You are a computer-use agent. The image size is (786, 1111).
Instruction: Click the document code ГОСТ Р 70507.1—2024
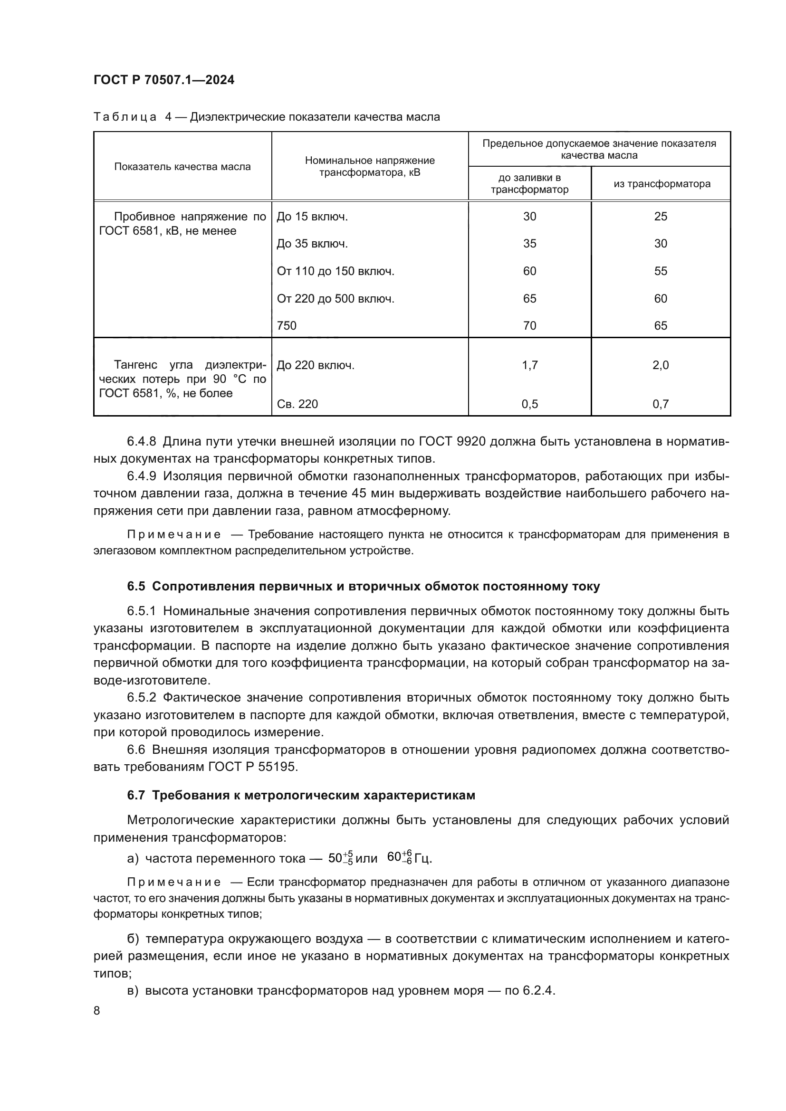tap(163, 80)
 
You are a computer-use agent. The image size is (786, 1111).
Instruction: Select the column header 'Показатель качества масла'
tap(182, 167)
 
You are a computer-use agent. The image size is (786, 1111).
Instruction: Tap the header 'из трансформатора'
tap(661, 184)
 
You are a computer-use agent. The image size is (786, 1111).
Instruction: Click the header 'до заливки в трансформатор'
tap(529, 184)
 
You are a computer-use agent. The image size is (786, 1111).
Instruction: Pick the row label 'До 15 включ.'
tap(312, 217)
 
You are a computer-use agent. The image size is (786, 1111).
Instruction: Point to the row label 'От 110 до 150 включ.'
tap(335, 272)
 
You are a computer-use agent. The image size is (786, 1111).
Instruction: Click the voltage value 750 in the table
tap(287, 326)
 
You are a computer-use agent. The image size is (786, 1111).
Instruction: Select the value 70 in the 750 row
tap(529, 326)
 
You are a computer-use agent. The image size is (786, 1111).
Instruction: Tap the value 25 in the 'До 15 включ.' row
tap(661, 217)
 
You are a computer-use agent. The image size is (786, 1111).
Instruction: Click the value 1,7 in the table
tap(529, 365)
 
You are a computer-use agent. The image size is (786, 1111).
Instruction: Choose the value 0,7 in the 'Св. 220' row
tap(661, 404)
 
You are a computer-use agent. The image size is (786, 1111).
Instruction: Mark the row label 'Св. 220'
tap(297, 404)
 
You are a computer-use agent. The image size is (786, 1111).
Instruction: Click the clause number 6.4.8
tap(141, 441)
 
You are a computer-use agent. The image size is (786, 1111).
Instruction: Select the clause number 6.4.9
tap(141, 476)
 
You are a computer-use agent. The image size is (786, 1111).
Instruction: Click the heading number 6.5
tap(136, 587)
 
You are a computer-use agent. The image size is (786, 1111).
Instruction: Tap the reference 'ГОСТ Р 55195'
tap(253, 768)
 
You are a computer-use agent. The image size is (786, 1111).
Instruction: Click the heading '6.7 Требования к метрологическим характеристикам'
tap(301, 796)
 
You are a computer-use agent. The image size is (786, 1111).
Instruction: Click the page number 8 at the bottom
tap(97, 1011)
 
